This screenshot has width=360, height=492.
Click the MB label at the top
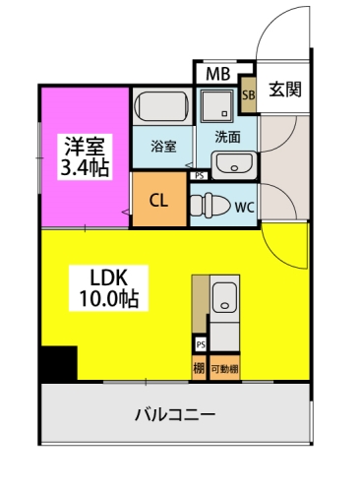tap(216, 73)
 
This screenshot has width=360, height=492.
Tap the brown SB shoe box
tap(249, 95)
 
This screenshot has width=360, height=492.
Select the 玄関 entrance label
tap(285, 90)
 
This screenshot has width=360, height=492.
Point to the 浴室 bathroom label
tap(163, 146)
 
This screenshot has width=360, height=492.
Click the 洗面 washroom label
tap(227, 137)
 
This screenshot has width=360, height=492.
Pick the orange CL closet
tap(159, 200)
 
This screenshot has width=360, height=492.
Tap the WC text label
tap(244, 207)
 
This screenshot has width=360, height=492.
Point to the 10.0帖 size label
tap(101, 297)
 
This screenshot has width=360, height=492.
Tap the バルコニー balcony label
tap(174, 414)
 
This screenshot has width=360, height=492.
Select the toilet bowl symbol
tap(210, 205)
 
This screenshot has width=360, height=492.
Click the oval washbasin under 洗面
tap(232, 164)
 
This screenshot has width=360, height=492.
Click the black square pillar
tap(59, 364)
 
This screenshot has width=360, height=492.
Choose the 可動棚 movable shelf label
tap(224, 368)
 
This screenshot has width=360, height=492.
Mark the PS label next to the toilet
tap(200, 176)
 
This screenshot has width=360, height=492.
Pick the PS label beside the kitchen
tap(200, 344)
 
